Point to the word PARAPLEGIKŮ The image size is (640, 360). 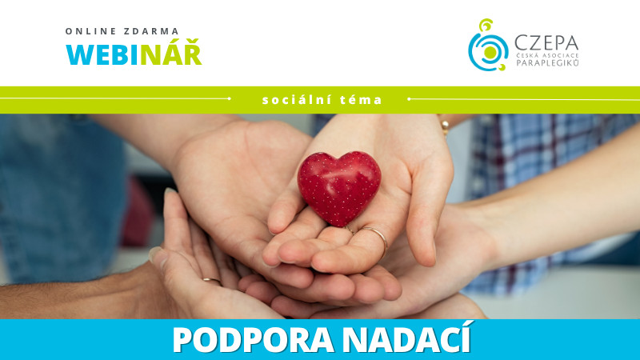(x=547, y=62)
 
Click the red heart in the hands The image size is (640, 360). (x=339, y=188)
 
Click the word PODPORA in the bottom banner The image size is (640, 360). (x=253, y=339)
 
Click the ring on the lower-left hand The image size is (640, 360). (x=212, y=281)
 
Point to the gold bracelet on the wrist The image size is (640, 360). (x=445, y=125)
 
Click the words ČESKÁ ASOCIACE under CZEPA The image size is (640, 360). (x=547, y=54)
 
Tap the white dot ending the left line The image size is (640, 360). (x=230, y=98)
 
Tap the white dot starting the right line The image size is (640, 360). (x=409, y=98)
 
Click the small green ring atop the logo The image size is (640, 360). (x=486, y=26)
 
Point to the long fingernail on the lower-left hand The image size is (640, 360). (x=155, y=254)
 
